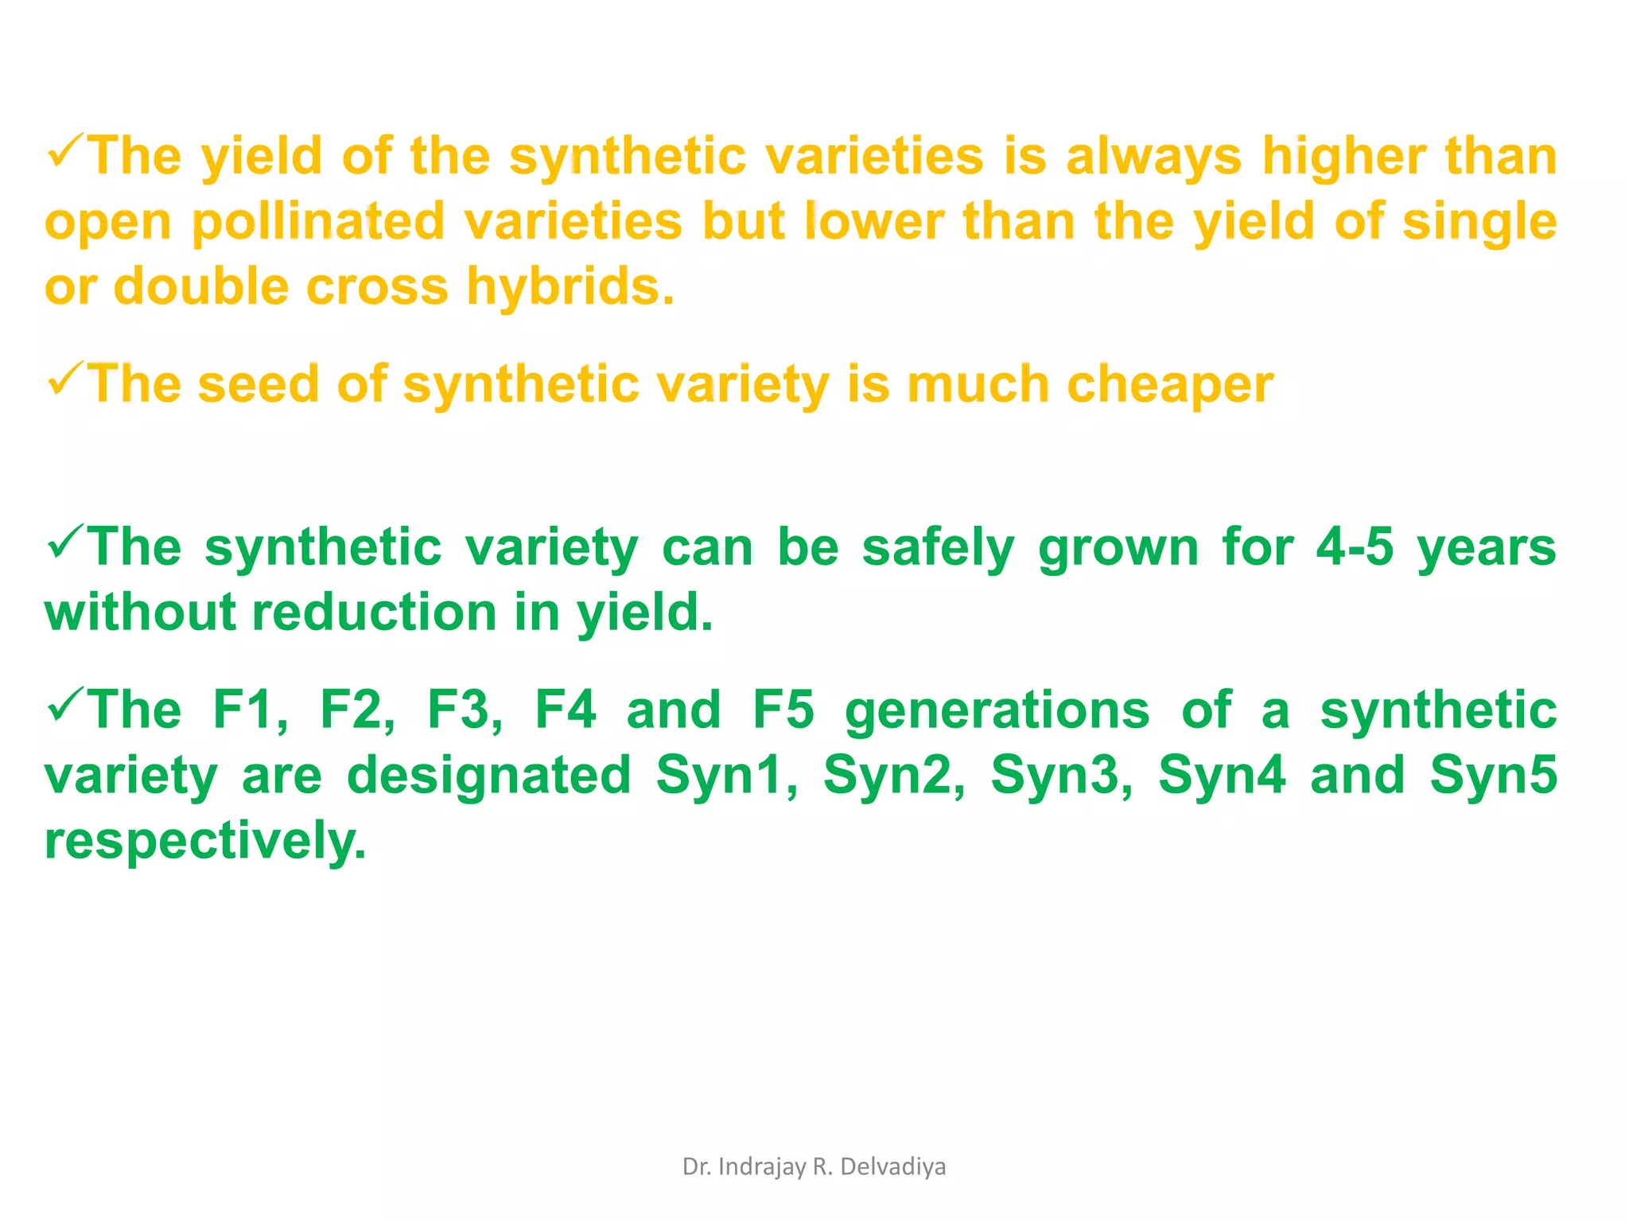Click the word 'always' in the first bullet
pos(1153,156)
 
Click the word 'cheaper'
pos(1169,385)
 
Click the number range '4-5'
pos(1355,548)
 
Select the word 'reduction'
pos(375,613)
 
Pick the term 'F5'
pos(783,710)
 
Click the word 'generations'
pos(997,710)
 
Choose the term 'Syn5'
pos(1493,776)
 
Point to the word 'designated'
pos(489,776)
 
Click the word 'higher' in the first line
pos(1343,156)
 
